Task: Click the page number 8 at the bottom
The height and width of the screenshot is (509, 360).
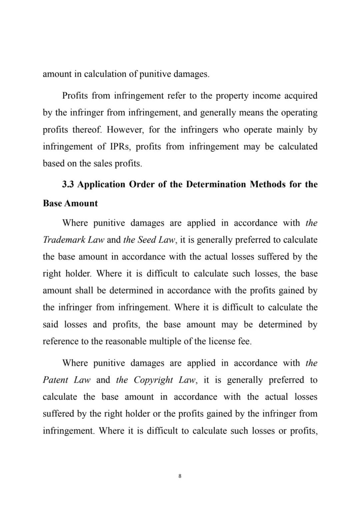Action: coord(180,476)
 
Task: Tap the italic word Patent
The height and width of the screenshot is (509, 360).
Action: coord(56,380)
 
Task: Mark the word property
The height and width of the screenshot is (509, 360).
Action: coord(231,96)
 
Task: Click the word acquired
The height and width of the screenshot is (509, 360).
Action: coord(301,96)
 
